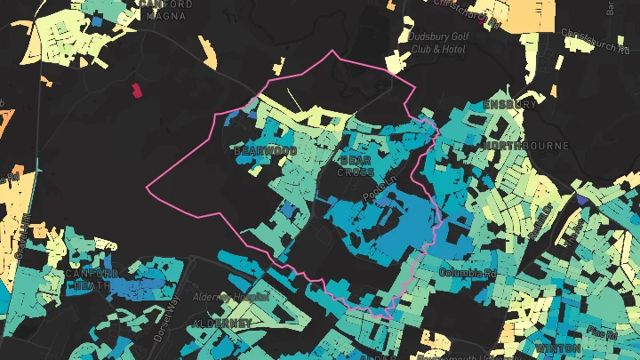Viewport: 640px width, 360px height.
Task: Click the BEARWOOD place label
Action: [x=264, y=151]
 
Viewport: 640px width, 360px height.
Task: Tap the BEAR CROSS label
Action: [x=356, y=165]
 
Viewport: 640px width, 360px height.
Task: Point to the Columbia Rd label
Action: [x=467, y=273]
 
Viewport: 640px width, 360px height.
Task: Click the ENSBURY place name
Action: [x=509, y=104]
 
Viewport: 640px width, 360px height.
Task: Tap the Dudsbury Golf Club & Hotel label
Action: [x=437, y=43]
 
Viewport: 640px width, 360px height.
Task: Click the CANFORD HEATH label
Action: [x=92, y=279]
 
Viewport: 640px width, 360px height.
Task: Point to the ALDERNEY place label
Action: [x=222, y=324]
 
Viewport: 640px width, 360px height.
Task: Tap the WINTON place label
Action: [x=558, y=348]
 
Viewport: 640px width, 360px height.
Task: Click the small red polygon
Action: [x=137, y=89]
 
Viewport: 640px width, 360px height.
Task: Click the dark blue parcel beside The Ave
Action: [x=581, y=199]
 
